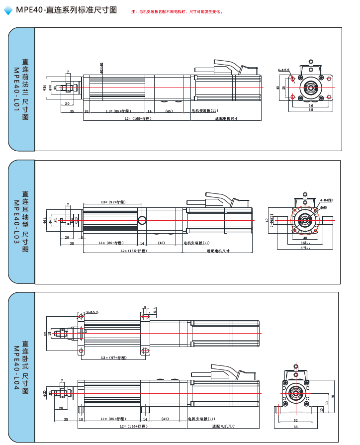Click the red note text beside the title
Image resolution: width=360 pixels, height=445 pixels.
coord(177,11)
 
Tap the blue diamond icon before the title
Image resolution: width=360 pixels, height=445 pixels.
coord(8,10)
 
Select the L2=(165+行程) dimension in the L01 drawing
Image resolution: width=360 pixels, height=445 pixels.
coord(138,118)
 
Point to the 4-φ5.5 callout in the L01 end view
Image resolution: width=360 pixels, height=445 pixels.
coord(284,70)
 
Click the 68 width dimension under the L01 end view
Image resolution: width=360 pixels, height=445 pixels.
coord(311,110)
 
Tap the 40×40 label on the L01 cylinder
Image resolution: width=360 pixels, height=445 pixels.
coord(101,68)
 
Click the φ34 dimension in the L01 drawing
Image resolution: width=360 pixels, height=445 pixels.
coord(45,88)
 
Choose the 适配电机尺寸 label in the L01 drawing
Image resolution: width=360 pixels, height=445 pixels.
coord(226,118)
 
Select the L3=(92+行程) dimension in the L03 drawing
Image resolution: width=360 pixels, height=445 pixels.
coord(113,202)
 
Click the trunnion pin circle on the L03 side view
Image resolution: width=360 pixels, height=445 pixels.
coord(142,220)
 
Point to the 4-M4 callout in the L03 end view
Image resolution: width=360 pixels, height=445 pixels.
coord(326,200)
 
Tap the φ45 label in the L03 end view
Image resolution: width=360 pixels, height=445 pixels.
coord(323,207)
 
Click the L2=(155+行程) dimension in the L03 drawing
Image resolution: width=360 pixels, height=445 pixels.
coord(134,251)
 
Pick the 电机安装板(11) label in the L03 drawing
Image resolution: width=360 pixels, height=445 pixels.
coord(197,243)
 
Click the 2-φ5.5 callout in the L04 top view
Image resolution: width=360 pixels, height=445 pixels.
coord(92,312)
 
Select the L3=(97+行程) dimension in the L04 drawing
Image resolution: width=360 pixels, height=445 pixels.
coord(111,357)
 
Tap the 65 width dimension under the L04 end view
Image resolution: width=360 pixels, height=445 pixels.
coord(295,426)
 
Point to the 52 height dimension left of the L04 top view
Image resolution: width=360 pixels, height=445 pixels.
coord(45,333)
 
